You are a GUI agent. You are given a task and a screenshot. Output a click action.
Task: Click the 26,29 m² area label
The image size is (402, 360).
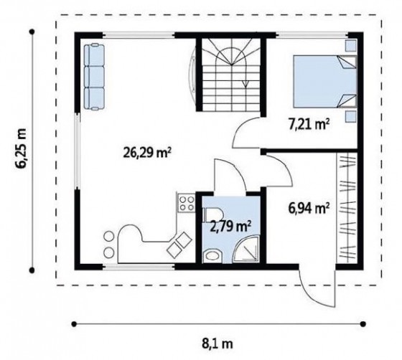pyautogui.click(x=147, y=153)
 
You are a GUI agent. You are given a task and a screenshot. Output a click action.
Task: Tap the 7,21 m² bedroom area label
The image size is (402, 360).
pyautogui.click(x=309, y=125)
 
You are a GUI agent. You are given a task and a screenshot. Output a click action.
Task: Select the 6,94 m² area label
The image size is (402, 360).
pyautogui.click(x=309, y=209)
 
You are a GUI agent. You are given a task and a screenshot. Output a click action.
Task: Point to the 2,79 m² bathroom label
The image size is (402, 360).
pyautogui.click(x=230, y=226)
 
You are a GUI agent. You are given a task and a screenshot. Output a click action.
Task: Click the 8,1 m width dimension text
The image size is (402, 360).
pyautogui.click(x=218, y=344)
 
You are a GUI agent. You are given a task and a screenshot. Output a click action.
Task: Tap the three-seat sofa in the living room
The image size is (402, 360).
pyautogui.click(x=94, y=77)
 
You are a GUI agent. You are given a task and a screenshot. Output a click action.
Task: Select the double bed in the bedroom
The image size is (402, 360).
pyautogui.click(x=325, y=81)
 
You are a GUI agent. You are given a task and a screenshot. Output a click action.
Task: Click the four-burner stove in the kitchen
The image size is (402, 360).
pyautogui.click(x=186, y=203)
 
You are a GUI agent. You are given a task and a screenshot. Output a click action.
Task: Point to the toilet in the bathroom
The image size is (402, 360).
pyautogui.click(x=213, y=214)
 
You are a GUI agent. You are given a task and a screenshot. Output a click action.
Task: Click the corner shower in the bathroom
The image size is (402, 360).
pyautogui.click(x=246, y=249)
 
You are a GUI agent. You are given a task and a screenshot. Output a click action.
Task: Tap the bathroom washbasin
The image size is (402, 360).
pyautogui.click(x=212, y=256)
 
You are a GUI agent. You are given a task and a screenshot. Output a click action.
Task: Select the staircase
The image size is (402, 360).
pyautogui.click(x=231, y=75)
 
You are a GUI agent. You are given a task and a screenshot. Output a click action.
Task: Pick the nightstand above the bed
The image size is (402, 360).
pyautogui.click(x=350, y=46)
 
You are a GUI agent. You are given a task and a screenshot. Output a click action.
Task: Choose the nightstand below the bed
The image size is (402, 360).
pyautogui.click(x=350, y=117)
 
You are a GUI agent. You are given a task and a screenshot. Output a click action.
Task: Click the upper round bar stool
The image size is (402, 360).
pyautogui.click(x=108, y=237)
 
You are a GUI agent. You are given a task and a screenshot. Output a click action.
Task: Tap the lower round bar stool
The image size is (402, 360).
pyautogui.click(x=108, y=253)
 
